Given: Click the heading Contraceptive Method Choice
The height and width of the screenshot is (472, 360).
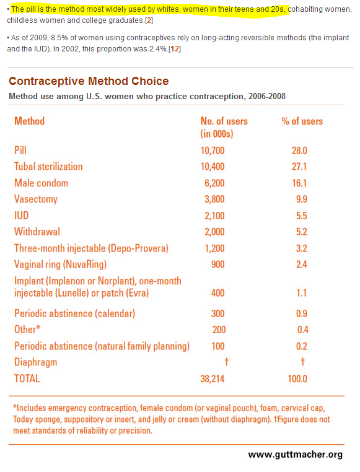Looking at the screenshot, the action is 89,81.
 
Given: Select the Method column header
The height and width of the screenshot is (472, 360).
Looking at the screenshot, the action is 30,121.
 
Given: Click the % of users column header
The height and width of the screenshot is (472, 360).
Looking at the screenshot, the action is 302,121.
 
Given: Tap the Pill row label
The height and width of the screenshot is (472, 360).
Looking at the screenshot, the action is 20,150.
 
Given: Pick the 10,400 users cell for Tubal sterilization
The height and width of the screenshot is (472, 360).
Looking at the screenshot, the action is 213,167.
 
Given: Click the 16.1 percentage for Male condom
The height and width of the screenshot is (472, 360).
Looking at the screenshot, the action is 299,183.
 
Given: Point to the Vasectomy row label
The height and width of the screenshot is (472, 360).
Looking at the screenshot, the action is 36,199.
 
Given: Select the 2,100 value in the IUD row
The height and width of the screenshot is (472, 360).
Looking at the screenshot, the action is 214,216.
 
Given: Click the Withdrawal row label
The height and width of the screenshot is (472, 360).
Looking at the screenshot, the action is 37,232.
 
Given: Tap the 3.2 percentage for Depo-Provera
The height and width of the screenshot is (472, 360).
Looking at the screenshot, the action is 302,248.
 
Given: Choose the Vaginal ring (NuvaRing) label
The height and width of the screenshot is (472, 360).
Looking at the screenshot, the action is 61,264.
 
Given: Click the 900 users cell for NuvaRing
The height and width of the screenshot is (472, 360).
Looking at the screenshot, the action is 218,264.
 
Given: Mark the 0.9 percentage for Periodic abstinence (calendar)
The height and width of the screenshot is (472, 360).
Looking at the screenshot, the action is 302,313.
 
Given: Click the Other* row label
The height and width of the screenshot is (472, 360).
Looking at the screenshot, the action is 27,330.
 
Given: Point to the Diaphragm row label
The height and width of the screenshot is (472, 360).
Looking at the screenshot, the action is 35,362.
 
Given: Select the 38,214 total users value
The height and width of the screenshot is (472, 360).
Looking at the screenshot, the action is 213,378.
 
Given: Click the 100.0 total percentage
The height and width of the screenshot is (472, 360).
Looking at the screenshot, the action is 297,378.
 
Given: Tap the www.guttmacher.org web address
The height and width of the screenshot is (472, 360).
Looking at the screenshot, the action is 296,454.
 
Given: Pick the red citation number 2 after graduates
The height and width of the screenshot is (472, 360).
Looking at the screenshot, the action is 149,20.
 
